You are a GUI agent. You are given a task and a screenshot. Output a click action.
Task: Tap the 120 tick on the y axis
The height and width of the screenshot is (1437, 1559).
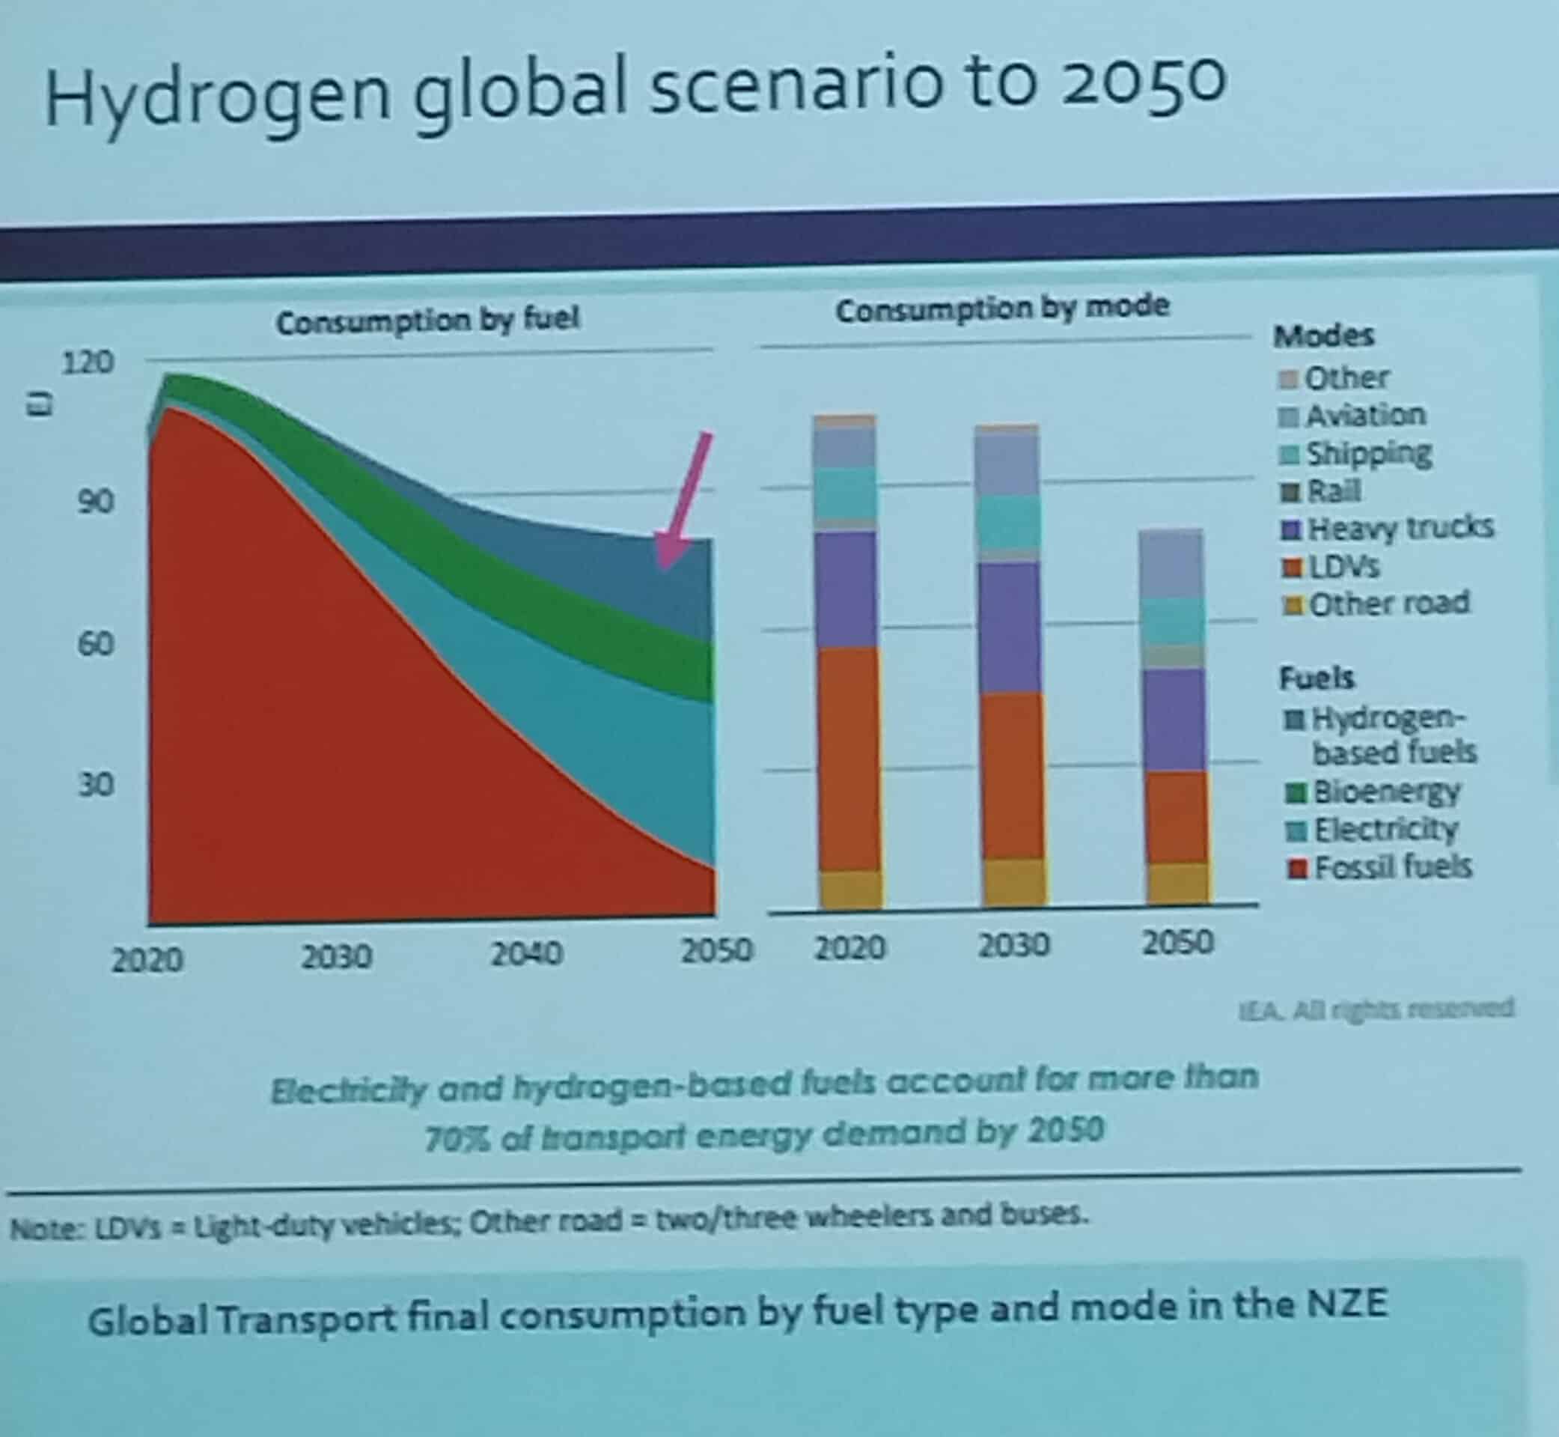[88, 362]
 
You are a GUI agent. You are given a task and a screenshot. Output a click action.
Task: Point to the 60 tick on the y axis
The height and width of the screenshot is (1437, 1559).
[95, 644]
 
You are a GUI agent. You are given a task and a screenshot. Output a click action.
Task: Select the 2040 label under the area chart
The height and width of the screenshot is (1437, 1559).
[526, 953]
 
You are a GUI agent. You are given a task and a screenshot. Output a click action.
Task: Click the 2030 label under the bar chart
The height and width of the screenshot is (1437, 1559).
[1013, 946]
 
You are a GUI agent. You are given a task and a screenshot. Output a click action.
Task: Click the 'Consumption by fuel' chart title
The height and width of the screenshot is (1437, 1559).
[427, 320]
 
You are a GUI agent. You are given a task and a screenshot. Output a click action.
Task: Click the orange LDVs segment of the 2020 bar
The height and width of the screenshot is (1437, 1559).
[849, 758]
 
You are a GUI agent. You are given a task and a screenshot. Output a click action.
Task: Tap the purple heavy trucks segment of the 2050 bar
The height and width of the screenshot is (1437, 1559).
[1177, 720]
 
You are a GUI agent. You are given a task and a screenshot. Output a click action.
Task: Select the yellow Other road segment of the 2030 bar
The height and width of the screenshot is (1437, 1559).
[1013, 882]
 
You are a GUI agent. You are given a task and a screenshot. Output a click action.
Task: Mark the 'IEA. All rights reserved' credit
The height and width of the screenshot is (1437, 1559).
[1376, 1009]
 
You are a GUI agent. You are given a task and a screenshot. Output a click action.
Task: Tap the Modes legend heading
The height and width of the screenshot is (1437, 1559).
[1322, 336]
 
